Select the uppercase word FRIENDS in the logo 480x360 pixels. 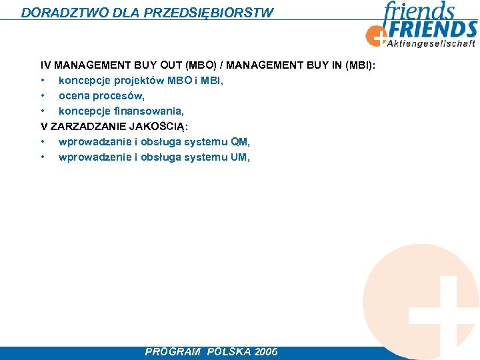433,30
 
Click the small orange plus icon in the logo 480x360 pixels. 376,35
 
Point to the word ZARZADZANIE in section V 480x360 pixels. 83,127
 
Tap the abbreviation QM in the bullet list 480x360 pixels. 240,142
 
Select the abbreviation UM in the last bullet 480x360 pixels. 239,157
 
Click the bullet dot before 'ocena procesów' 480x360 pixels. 42,96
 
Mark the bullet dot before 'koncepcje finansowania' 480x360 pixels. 42,111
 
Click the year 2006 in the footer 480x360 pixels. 266,352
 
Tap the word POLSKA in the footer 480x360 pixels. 229,352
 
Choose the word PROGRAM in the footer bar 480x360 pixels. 173,352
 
